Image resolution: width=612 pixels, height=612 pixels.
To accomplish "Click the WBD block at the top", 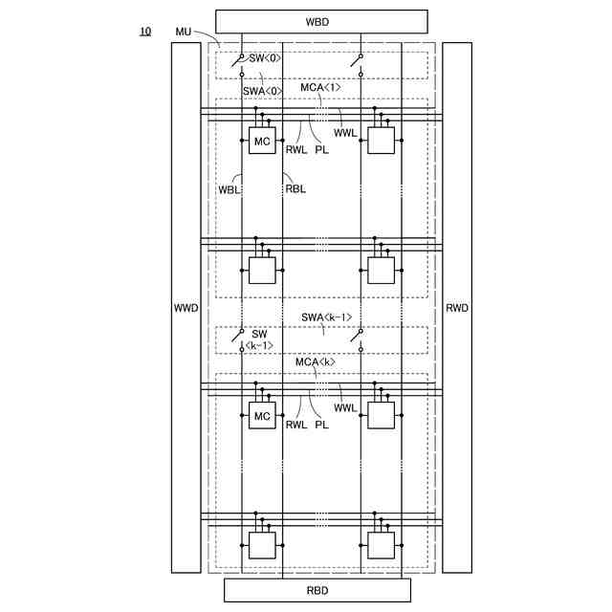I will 321,21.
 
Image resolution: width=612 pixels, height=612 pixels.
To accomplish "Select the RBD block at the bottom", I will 317,590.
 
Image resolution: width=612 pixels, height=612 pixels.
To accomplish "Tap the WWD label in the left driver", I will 186,308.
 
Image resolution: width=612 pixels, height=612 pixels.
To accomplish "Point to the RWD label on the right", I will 457,308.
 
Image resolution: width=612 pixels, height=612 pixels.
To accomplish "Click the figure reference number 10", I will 144,32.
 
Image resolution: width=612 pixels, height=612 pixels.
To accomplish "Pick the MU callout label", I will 184,33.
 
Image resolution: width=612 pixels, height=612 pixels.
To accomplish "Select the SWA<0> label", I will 262,90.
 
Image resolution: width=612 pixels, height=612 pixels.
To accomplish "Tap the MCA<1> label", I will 320,88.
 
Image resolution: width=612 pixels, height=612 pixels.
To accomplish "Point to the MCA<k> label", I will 316,362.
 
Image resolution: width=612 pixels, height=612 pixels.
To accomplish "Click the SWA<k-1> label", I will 327,317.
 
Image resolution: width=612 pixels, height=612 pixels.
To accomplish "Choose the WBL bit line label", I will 229,189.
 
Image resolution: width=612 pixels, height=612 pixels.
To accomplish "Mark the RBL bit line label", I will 296,189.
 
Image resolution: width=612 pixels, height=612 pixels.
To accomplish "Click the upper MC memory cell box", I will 262,141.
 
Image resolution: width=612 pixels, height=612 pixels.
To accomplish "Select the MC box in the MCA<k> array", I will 262,415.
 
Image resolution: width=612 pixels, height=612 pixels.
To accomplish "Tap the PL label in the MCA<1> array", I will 321,149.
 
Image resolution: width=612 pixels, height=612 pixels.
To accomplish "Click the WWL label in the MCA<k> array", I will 345,408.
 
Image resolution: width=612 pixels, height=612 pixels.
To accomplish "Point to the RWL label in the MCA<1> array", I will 296,149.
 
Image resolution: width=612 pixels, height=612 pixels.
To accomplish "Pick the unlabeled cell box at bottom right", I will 381,545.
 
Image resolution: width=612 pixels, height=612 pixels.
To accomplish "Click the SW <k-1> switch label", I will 259,339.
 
